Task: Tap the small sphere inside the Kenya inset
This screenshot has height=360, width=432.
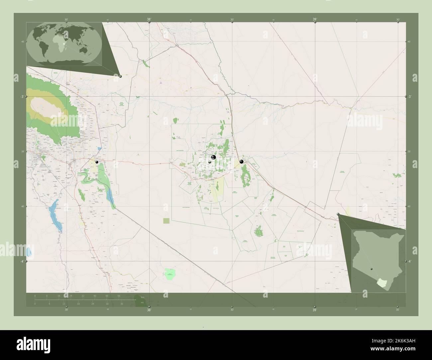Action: pos(372,269)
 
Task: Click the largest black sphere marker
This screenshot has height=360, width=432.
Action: pos(214,157)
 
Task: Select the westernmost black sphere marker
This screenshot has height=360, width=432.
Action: pos(97,162)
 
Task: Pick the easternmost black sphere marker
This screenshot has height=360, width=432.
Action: pos(242,162)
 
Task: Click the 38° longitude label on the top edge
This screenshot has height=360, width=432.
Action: pos(149,20)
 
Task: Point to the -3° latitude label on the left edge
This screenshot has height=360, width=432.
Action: pos(21,97)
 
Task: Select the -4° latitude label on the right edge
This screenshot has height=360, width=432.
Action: pos(410,261)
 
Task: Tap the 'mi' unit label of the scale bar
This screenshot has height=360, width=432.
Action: pos(142,303)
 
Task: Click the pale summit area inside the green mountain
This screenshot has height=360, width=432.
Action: pos(45,107)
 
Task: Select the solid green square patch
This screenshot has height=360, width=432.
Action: pos(166,221)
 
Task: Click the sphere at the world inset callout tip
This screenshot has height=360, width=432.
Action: pos(120,76)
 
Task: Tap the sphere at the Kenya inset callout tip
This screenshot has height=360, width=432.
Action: pos(338,215)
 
